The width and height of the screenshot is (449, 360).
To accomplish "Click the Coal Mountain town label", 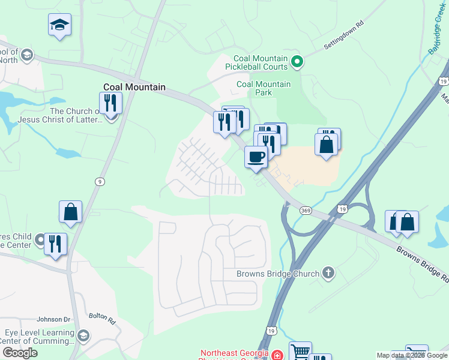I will (134, 87).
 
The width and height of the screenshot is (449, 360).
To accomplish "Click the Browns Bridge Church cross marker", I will (328, 274).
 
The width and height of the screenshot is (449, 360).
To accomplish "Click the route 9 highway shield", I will (99, 181).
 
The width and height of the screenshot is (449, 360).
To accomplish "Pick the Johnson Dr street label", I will (54, 319).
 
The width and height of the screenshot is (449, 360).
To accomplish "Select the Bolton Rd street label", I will (102, 317).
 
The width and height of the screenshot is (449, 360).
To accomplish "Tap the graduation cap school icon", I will (59, 25).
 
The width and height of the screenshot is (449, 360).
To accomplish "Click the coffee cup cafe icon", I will (256, 157).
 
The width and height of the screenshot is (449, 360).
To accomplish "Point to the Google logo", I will (19, 353).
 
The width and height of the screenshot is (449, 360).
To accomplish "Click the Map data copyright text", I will (412, 355).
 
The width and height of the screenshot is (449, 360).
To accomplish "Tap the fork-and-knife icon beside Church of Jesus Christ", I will (110, 103).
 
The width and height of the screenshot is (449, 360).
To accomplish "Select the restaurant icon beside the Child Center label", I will (55, 244).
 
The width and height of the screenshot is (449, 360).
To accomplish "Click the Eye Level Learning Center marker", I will (83, 335).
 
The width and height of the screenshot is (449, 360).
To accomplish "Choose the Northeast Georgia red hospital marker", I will (276, 355).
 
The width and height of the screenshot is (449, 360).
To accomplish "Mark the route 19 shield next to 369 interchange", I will (342, 208).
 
